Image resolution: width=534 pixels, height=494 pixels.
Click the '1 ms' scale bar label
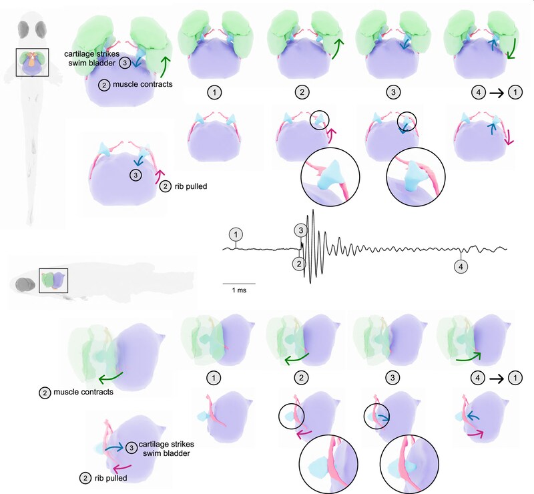(238, 292)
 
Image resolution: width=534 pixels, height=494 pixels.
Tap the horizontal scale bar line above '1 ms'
(238, 284)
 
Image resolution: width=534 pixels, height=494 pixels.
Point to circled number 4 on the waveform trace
(461, 266)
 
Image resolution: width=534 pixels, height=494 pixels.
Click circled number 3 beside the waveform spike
(301, 230)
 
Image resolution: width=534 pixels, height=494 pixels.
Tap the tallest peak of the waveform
(308, 212)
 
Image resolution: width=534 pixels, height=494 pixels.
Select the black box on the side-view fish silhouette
(53, 281)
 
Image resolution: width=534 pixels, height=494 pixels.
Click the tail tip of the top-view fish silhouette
(30, 220)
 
